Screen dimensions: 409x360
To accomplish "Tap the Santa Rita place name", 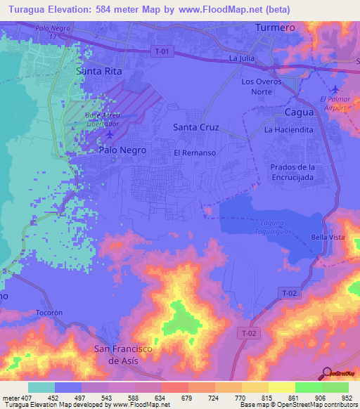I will point(99,72).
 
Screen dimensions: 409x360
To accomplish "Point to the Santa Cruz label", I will point(196,127).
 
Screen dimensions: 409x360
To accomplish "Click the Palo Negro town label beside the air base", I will point(122,150).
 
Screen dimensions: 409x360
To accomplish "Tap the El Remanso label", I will point(194,152).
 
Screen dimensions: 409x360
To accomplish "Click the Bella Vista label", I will point(328,238).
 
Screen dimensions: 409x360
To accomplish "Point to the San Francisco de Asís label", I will point(124,354).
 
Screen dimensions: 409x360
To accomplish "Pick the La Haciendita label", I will point(288,131).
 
